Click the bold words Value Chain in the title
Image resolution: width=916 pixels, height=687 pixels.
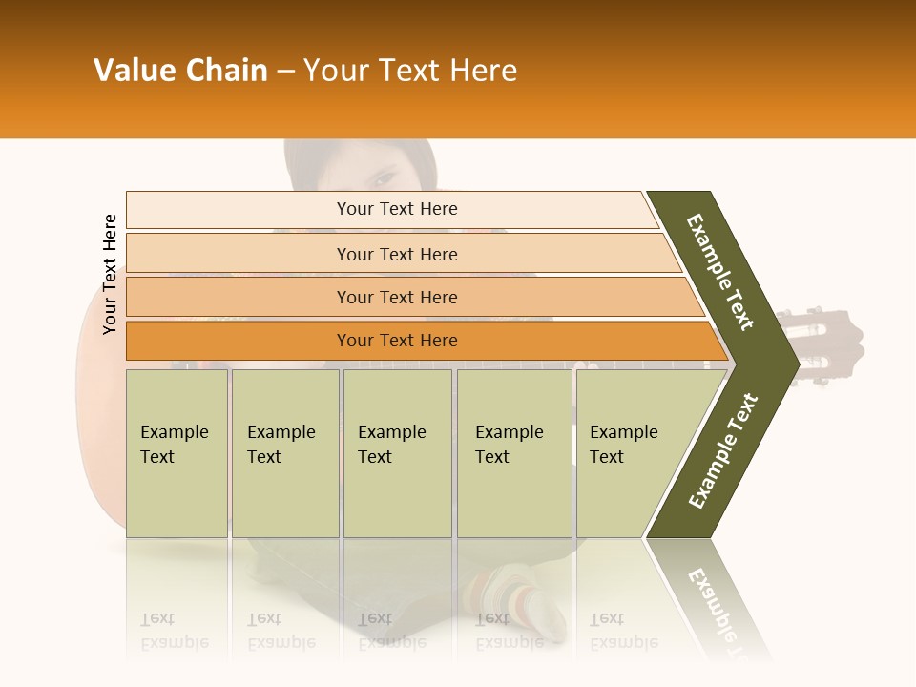(x=180, y=71)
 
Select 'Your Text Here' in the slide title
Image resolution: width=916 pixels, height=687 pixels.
(x=410, y=71)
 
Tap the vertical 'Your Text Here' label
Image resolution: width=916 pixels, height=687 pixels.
(x=110, y=274)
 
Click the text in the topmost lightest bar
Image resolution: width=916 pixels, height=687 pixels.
(x=397, y=209)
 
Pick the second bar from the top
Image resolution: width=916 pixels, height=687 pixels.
(x=397, y=254)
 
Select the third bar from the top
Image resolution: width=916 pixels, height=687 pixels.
(x=397, y=298)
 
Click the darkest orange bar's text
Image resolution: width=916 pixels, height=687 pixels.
(x=397, y=341)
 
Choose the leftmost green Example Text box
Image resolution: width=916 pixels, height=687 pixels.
(x=177, y=452)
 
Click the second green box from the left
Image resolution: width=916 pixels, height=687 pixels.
(x=285, y=452)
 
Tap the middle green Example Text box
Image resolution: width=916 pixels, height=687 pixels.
(x=397, y=452)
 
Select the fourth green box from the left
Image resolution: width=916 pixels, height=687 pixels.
(x=514, y=452)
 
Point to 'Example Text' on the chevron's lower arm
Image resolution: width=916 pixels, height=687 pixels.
(x=723, y=450)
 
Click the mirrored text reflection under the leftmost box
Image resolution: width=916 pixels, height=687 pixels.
(x=175, y=630)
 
